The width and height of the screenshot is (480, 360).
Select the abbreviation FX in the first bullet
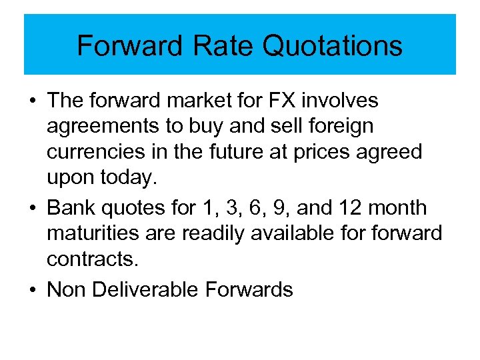[x=284, y=101]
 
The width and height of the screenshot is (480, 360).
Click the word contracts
[x=93, y=259]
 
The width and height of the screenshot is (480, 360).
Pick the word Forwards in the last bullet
[x=249, y=289]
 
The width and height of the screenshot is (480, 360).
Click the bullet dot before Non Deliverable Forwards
[x=33, y=289]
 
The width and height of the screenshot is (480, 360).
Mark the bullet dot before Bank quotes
[x=33, y=208]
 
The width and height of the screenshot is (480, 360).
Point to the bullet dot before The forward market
[x=33, y=101]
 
